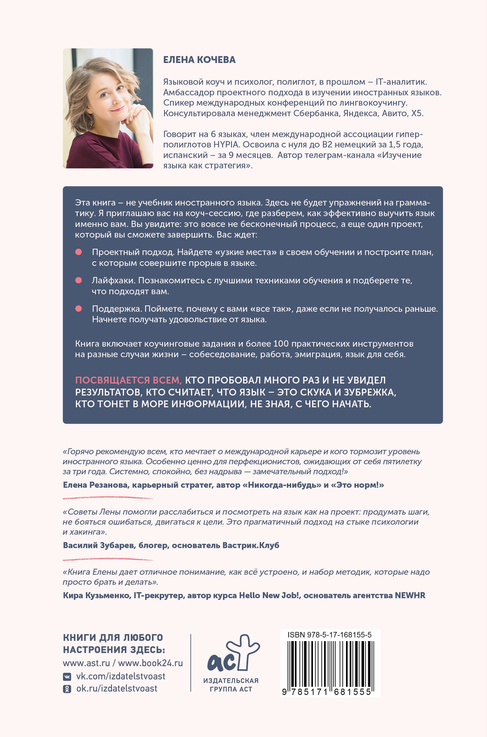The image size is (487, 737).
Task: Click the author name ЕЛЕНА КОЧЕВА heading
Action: pos(199,60)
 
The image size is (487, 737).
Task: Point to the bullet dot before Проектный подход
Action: pos(78,252)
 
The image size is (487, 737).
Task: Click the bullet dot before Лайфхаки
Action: pos(78,280)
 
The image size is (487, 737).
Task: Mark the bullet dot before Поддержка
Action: pos(78,309)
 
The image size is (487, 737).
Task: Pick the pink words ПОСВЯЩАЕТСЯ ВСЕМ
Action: pos(129,380)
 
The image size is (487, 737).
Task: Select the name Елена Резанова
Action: pos(96,485)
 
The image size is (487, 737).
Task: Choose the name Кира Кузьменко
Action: pos(96,595)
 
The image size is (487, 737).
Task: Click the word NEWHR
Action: pos(410,595)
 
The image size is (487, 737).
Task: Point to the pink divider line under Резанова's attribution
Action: pos(108,498)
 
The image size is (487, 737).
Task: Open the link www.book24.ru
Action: pos(150,663)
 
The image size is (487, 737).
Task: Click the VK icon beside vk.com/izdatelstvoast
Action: pos(67,676)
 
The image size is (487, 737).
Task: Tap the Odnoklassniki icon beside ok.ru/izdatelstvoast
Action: pos(67,689)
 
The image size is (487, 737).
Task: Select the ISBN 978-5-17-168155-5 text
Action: pos(329,635)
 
